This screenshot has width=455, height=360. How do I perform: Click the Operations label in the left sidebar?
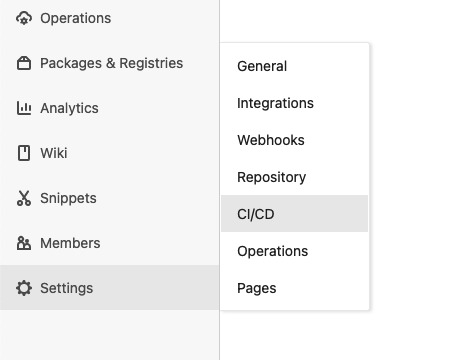coord(75,18)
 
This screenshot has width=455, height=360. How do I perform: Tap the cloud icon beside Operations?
coord(24,18)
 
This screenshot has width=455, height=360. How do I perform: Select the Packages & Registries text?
coord(111,63)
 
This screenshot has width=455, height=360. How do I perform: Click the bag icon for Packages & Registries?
coord(24,63)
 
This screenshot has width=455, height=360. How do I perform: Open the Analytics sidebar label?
coord(69,108)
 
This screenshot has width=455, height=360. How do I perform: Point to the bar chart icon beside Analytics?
coord(24,108)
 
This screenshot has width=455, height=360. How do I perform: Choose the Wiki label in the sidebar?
coord(54,153)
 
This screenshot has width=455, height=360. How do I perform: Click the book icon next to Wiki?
coord(24,153)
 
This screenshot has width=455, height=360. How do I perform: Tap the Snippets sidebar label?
coord(68,198)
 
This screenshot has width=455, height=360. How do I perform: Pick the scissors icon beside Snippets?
coord(24,198)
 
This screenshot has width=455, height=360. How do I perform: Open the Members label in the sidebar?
coord(70,243)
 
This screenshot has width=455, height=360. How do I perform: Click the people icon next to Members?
coord(24,243)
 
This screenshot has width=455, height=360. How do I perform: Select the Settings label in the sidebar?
coord(66,288)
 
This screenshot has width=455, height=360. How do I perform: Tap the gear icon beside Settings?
coord(24,288)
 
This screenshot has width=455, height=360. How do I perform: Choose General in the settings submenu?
coord(262,66)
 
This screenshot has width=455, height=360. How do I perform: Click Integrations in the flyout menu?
coord(275,103)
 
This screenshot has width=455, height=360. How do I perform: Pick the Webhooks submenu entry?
coord(270,140)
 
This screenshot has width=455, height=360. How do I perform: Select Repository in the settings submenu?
coord(271,177)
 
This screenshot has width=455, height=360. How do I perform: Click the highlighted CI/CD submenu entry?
coord(255,214)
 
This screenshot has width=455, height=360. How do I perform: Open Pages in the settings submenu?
coord(256,288)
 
